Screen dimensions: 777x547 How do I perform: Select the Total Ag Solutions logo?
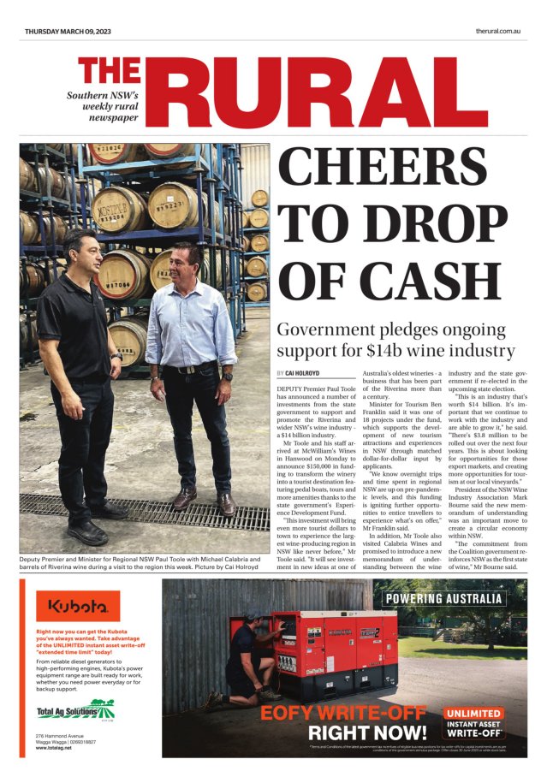point(75,709)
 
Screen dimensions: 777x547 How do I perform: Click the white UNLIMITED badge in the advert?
point(479,712)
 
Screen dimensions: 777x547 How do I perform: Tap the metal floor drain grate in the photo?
point(146,511)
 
